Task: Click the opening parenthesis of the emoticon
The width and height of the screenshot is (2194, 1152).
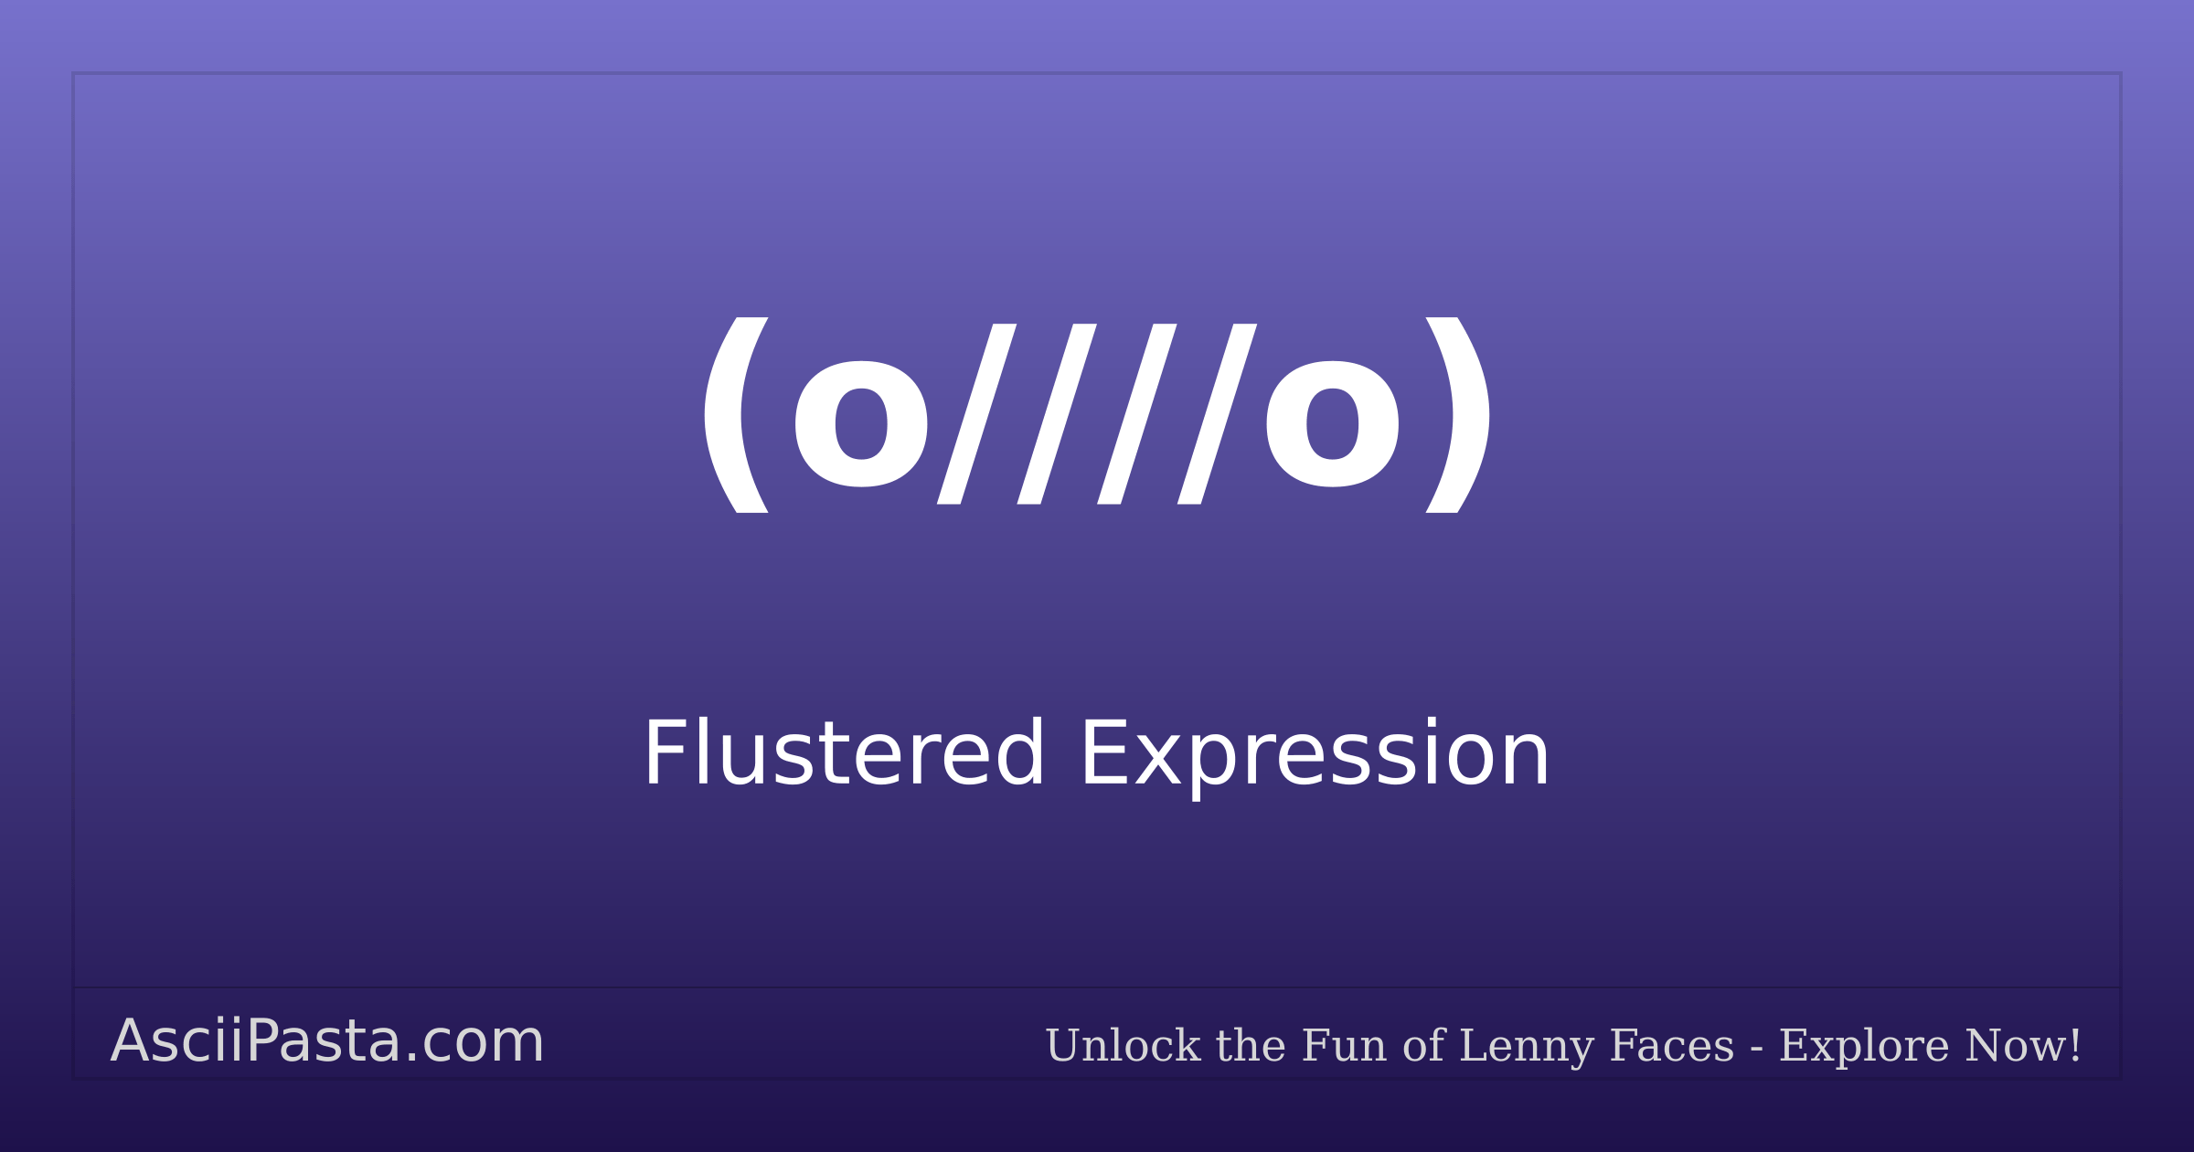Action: tap(734, 415)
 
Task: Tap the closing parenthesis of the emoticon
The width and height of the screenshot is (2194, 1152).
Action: tap(1459, 415)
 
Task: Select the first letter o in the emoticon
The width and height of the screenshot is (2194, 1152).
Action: tap(861, 423)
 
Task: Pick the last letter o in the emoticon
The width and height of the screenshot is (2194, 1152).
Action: tap(1332, 423)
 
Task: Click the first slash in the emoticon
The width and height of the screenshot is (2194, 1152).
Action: tap(976, 414)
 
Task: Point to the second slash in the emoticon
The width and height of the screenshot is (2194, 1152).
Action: tap(1057, 414)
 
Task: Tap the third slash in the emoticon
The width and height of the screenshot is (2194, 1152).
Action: tap(1136, 414)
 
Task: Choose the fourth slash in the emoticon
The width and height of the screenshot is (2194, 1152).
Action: tap(1217, 414)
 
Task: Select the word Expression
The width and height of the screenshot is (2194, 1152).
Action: tap(1315, 755)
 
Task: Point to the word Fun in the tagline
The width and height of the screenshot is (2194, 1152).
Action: tap(1343, 1045)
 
